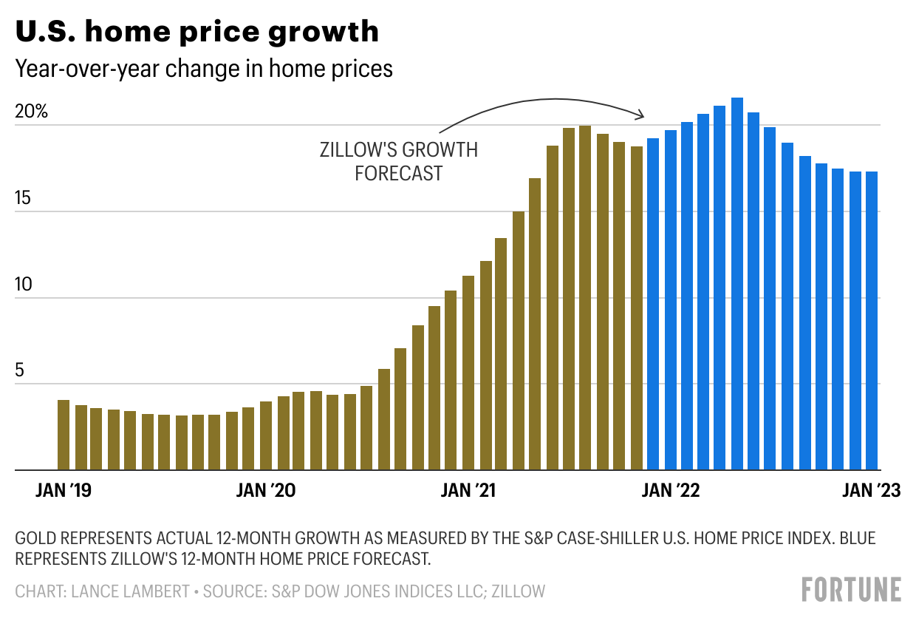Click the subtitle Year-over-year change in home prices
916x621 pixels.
[x=204, y=69]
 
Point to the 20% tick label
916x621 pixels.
[x=31, y=112]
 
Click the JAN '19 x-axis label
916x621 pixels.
[x=64, y=491]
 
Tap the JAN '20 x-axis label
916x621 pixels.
[x=265, y=491]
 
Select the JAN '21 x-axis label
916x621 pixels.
[x=468, y=491]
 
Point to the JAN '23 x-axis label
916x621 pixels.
[x=872, y=491]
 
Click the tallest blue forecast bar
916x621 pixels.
[x=736, y=284]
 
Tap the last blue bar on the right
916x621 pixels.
[x=872, y=321]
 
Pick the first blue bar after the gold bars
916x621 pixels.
[x=653, y=304]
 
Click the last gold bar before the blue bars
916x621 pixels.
[x=636, y=308]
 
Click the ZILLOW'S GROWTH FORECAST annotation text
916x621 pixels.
[x=398, y=162]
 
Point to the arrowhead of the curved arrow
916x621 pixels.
[x=642, y=115]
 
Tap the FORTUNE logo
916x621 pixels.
[x=852, y=590]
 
